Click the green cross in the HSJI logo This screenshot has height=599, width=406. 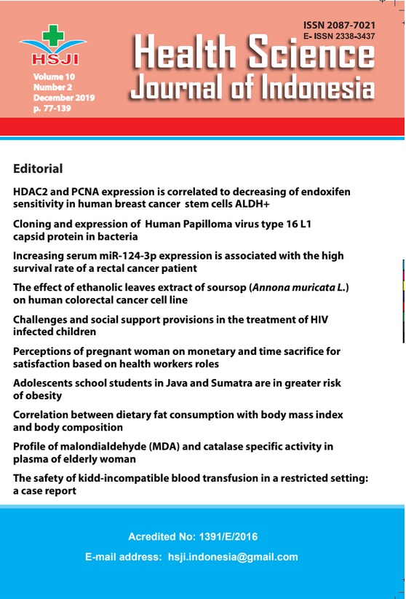coord(53,35)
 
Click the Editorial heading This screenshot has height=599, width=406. coord(38,169)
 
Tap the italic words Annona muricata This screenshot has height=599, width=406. coord(296,288)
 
